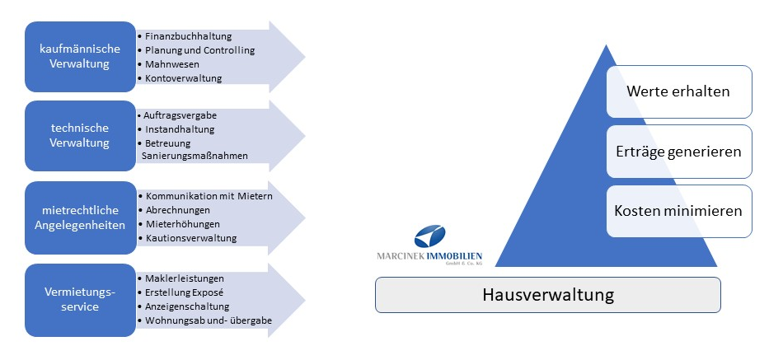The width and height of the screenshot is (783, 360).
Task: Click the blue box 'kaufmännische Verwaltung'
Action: click(79, 57)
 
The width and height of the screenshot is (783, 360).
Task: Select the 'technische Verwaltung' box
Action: click(79, 136)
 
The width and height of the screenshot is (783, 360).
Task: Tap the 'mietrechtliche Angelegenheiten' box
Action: click(79, 217)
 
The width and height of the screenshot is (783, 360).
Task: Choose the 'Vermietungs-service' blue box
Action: click(79, 299)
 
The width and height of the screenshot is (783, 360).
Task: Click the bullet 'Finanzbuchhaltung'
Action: click(189, 36)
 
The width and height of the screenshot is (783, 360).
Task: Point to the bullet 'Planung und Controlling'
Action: click(200, 50)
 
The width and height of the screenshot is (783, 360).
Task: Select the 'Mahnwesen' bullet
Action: click(174, 64)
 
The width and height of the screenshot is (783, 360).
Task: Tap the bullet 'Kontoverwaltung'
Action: click(184, 78)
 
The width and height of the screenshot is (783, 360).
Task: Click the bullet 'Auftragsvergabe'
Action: click(180, 115)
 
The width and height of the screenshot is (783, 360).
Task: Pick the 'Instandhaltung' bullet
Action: click(179, 129)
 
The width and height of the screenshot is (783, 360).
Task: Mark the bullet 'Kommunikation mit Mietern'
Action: click(209, 196)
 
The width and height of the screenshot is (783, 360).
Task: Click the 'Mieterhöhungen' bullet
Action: click(182, 224)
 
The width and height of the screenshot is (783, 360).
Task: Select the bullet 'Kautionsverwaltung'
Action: click(190, 238)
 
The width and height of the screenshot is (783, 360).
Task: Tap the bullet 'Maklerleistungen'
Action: click(185, 278)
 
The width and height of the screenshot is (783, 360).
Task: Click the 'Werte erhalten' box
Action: click(678, 91)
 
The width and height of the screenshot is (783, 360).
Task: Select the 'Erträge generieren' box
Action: click(678, 152)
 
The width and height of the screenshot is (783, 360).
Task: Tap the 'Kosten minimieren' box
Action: click(678, 211)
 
